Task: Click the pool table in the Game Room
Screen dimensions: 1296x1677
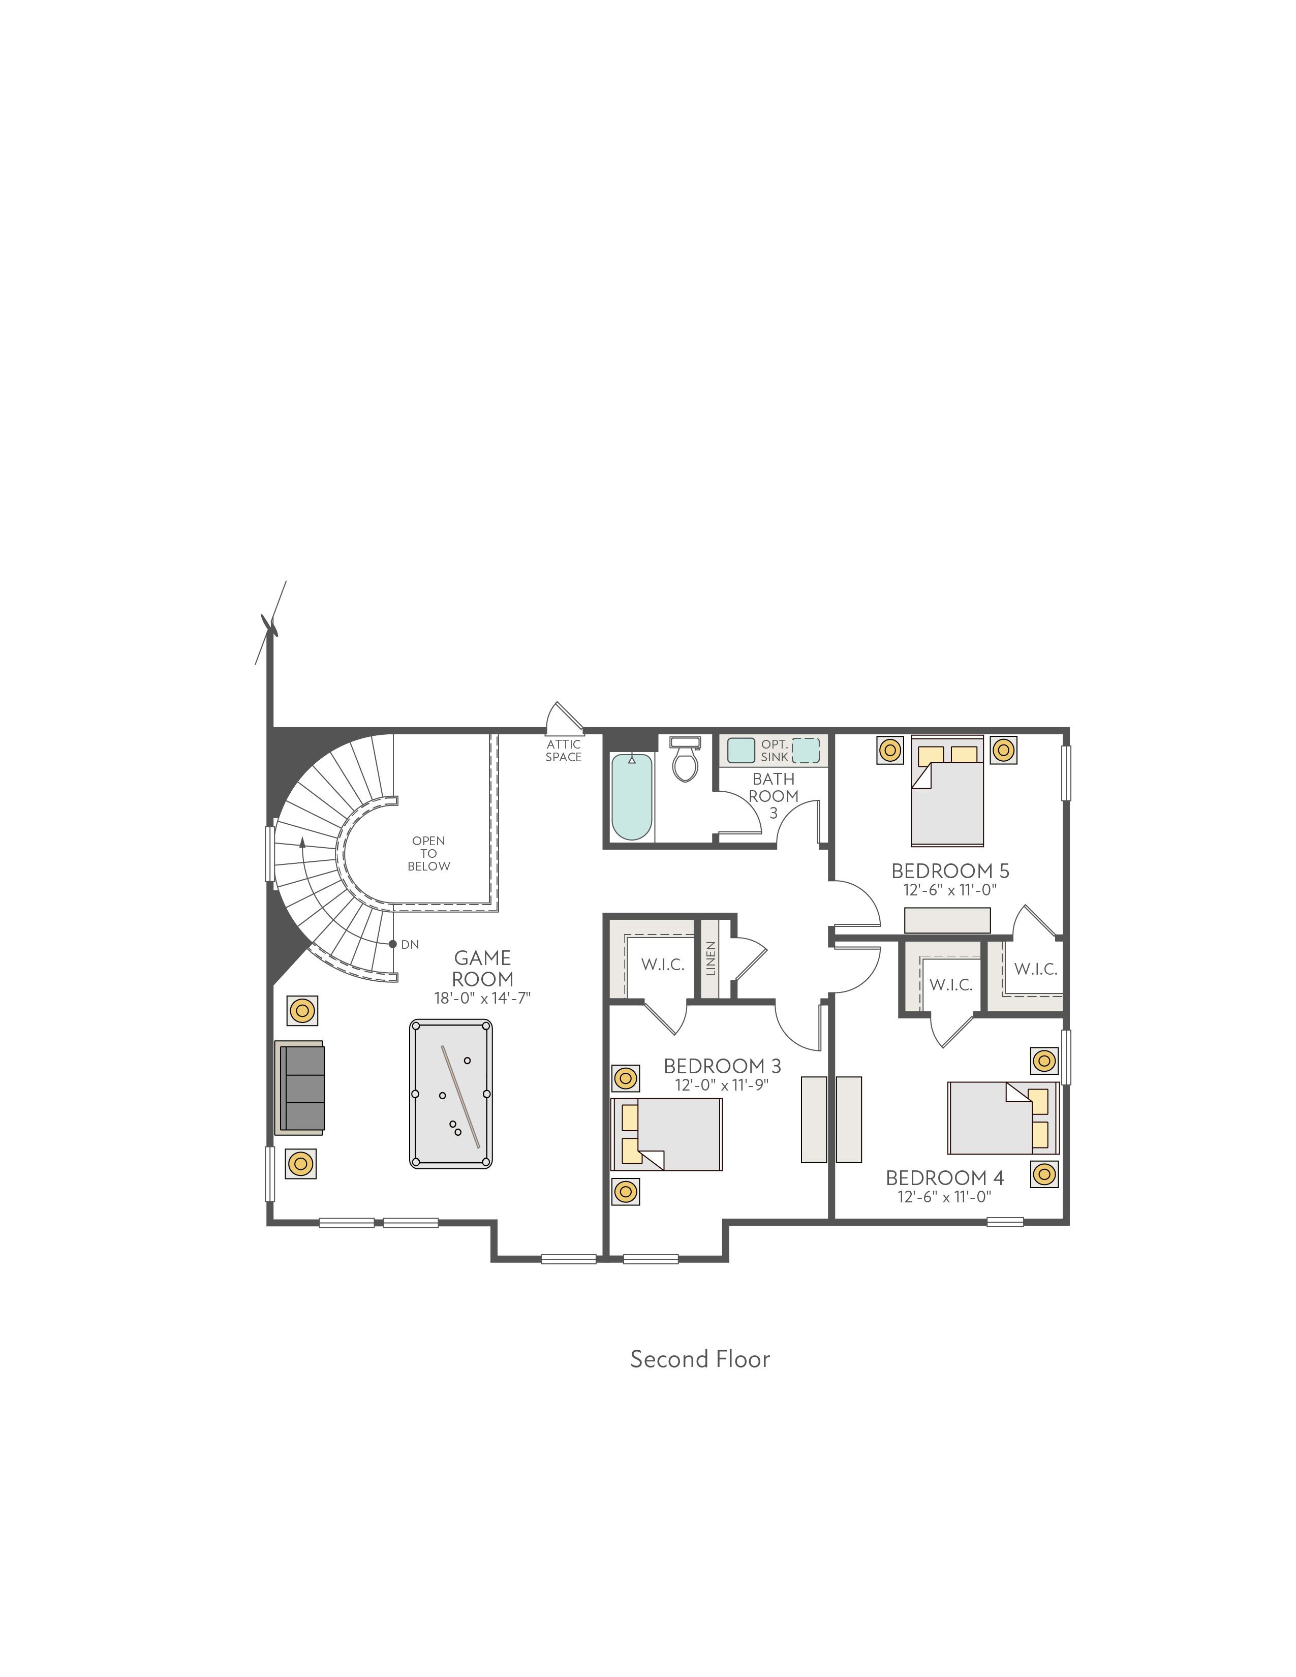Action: [451, 1094]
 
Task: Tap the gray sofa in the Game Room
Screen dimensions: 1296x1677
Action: [299, 1088]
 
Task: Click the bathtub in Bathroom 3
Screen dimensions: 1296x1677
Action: [632, 796]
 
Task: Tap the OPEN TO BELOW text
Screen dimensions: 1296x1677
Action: [428, 853]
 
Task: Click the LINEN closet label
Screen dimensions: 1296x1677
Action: [710, 958]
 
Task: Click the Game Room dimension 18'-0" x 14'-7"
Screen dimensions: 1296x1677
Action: [482, 998]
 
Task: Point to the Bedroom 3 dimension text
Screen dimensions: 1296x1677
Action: [722, 1085]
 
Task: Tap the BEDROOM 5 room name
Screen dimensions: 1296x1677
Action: [950, 871]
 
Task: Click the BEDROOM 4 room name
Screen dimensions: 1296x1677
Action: [944, 1178]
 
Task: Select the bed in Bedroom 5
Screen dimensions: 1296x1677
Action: [947, 791]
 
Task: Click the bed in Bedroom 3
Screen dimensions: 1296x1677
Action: [666, 1134]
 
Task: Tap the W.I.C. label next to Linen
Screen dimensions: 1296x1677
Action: [663, 965]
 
